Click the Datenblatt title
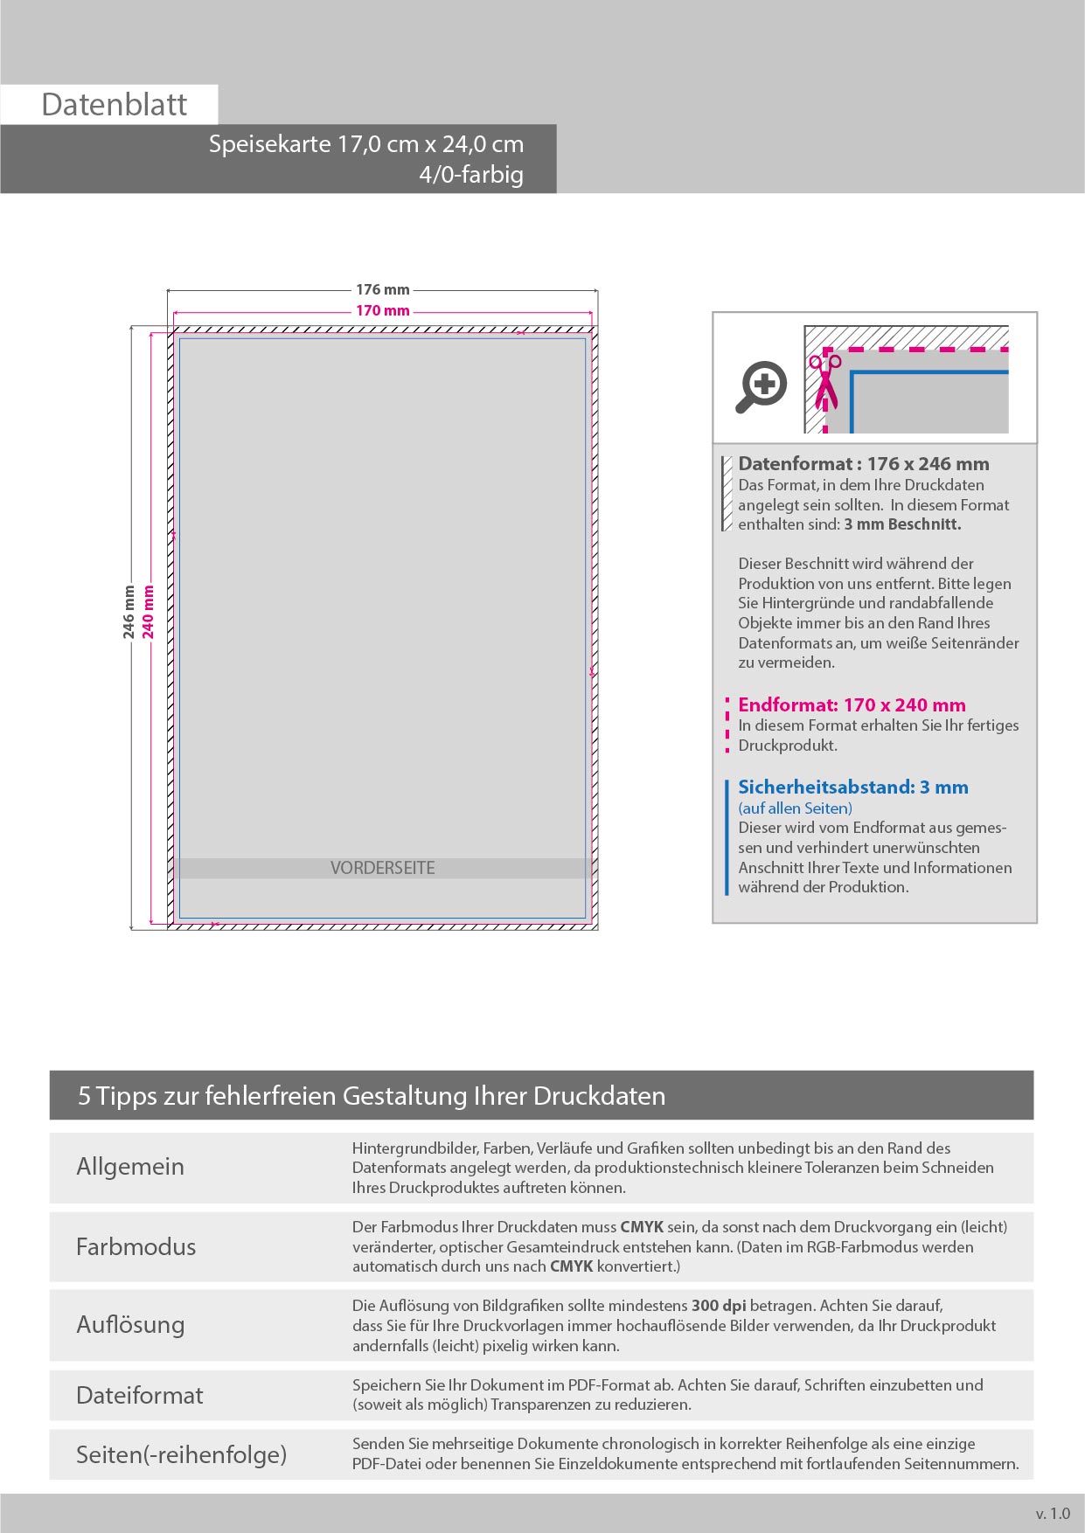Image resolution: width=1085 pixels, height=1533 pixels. [x=114, y=105]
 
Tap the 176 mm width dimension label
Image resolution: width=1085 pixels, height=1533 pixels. [x=382, y=289]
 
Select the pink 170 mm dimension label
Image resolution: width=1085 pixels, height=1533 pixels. [x=382, y=310]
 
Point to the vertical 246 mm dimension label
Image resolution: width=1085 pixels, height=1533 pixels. [x=129, y=612]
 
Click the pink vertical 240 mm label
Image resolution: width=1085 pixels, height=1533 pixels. [x=149, y=612]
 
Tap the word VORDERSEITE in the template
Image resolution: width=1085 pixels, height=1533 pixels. [x=382, y=868]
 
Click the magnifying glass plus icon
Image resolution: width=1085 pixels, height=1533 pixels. [x=762, y=385]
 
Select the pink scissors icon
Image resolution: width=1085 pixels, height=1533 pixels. [x=824, y=381]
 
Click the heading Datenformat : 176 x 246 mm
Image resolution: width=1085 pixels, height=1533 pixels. [x=863, y=464]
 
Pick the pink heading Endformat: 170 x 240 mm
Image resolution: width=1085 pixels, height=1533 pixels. [x=852, y=704]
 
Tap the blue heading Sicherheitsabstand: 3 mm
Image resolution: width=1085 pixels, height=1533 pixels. [x=852, y=787]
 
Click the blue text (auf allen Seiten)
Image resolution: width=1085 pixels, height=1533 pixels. [x=795, y=808]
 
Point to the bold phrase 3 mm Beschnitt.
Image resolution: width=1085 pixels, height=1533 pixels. [x=902, y=524]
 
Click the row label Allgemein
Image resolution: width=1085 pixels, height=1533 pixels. [x=130, y=1167]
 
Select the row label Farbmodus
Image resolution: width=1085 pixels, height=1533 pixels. [x=136, y=1246]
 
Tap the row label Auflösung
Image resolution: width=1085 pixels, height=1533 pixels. [x=130, y=1324]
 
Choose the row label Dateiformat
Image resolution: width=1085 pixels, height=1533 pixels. [x=139, y=1395]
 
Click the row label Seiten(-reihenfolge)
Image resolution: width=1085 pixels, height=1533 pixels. [x=181, y=1454]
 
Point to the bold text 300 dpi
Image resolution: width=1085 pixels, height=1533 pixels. [x=719, y=1306]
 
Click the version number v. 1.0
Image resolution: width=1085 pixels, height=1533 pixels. [x=1053, y=1514]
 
